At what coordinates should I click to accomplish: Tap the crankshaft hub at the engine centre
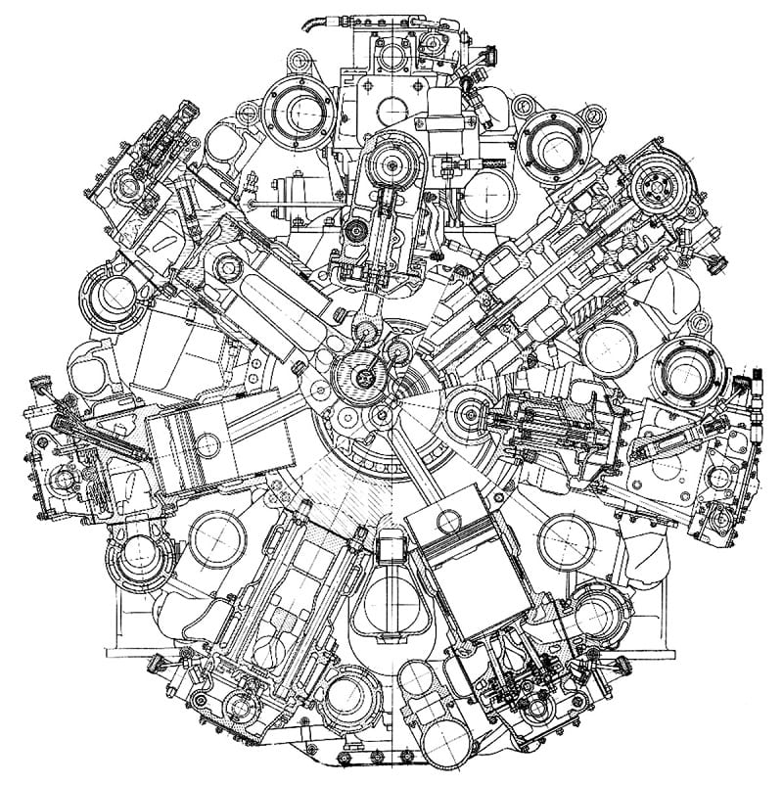click(364, 374)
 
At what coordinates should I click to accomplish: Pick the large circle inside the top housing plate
click(389, 106)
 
